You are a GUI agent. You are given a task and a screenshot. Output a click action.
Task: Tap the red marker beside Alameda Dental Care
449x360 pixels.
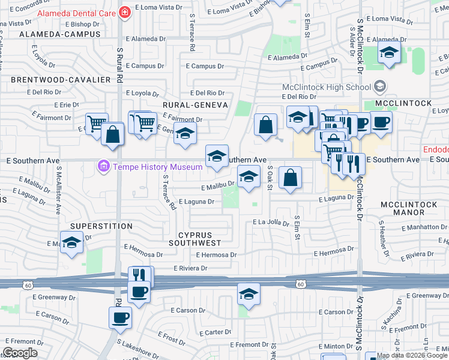(124, 12)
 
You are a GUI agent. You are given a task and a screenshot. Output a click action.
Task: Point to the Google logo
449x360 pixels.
(20, 353)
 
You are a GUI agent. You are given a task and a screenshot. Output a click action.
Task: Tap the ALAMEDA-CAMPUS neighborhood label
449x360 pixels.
(53, 35)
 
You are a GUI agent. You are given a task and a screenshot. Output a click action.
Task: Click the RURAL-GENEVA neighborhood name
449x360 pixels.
(195, 104)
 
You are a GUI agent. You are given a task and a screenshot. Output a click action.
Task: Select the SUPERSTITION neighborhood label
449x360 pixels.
(101, 226)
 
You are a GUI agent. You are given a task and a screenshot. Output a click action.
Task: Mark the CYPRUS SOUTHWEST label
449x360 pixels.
(194, 239)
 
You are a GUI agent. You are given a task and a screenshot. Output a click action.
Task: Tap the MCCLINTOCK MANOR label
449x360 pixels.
(410, 209)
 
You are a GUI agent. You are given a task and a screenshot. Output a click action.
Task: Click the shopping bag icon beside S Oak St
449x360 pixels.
(290, 178)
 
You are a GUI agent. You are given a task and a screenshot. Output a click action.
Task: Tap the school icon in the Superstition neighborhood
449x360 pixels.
(71, 243)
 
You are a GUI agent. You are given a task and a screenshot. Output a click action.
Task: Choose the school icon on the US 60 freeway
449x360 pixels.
(249, 294)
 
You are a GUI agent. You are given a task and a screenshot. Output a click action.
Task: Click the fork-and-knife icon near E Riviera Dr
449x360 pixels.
(139, 275)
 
